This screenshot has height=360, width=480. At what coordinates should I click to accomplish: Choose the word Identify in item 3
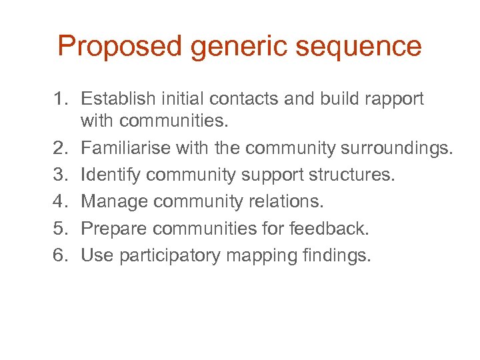click(110, 175)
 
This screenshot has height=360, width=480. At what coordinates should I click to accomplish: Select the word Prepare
click(113, 229)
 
